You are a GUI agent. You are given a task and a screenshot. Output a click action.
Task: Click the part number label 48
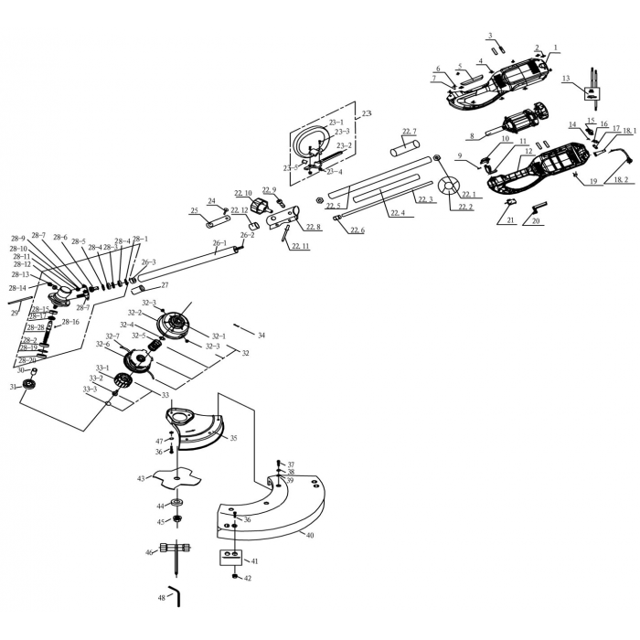[161, 597]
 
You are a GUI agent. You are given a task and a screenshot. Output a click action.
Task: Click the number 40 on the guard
[310, 534]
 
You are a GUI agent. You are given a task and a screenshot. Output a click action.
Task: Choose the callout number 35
[233, 439]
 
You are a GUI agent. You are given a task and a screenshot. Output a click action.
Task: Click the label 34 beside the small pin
[261, 336]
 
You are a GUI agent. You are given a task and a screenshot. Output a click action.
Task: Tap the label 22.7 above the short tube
[409, 132]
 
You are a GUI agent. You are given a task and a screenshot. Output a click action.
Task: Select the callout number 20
[536, 221]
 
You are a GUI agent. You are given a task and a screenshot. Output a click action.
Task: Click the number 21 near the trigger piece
[511, 221]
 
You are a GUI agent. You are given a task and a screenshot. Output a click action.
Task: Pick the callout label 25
[194, 211]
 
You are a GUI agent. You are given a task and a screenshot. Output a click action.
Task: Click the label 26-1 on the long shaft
[219, 243]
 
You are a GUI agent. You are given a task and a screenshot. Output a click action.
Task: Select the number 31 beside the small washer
[13, 387]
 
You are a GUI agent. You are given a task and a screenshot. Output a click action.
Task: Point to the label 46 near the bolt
[149, 552]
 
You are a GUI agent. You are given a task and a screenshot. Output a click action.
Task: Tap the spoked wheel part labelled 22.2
[447, 189]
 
